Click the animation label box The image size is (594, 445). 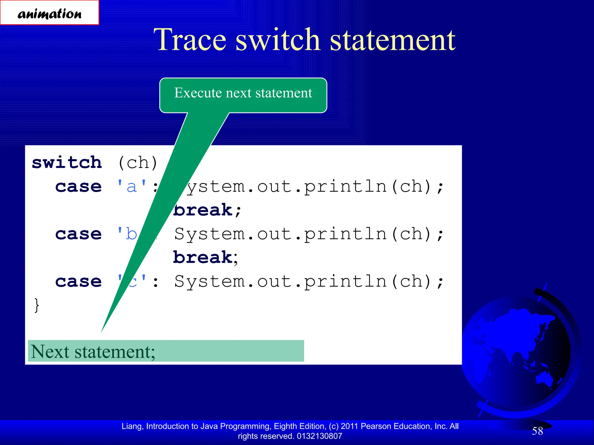[49, 13]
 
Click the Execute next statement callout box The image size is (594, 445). [243, 93]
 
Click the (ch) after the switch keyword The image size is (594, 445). [138, 163]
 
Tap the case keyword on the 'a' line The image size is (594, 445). [78, 186]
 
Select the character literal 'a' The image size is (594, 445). [132, 186]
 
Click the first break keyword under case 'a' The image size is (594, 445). [203, 210]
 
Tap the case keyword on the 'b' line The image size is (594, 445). [78, 234]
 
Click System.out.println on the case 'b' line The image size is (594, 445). [280, 234]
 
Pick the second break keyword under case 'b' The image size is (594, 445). [203, 258]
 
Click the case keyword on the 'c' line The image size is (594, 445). [78, 281]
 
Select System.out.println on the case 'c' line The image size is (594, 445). [280, 281]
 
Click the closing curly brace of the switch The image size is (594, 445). [37, 305]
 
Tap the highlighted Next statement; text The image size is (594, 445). [93, 351]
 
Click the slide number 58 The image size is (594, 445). [537, 431]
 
